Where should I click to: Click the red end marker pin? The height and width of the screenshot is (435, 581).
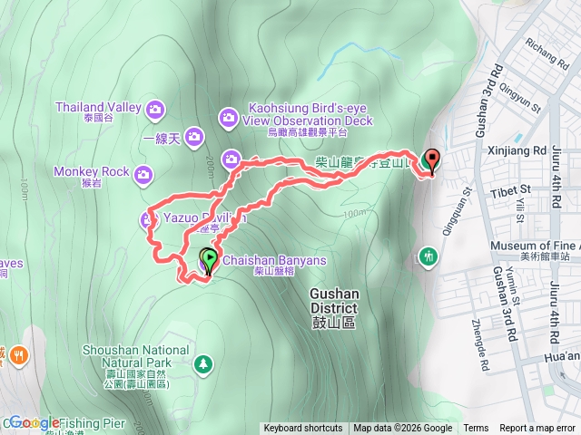(431, 160)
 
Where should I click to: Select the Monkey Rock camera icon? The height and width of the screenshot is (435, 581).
(143, 174)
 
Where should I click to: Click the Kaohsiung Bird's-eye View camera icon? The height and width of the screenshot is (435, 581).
(228, 117)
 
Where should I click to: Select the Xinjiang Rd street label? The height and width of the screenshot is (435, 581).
(515, 150)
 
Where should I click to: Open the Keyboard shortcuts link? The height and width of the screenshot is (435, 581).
(303, 429)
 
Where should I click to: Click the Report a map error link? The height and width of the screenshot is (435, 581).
(538, 429)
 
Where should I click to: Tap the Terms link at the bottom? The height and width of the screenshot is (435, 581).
(476, 429)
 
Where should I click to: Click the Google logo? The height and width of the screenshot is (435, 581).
(35, 422)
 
